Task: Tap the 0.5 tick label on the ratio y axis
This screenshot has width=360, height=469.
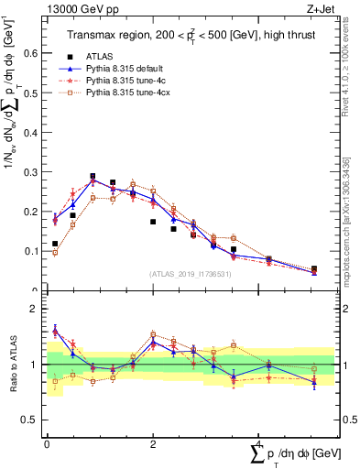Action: (32, 420)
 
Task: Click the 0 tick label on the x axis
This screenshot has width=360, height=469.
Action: (47, 443)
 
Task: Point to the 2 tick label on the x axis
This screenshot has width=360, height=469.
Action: (153, 443)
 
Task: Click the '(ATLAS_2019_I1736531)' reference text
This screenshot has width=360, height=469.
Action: (191, 274)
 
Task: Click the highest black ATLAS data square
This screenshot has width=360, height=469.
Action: (93, 177)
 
